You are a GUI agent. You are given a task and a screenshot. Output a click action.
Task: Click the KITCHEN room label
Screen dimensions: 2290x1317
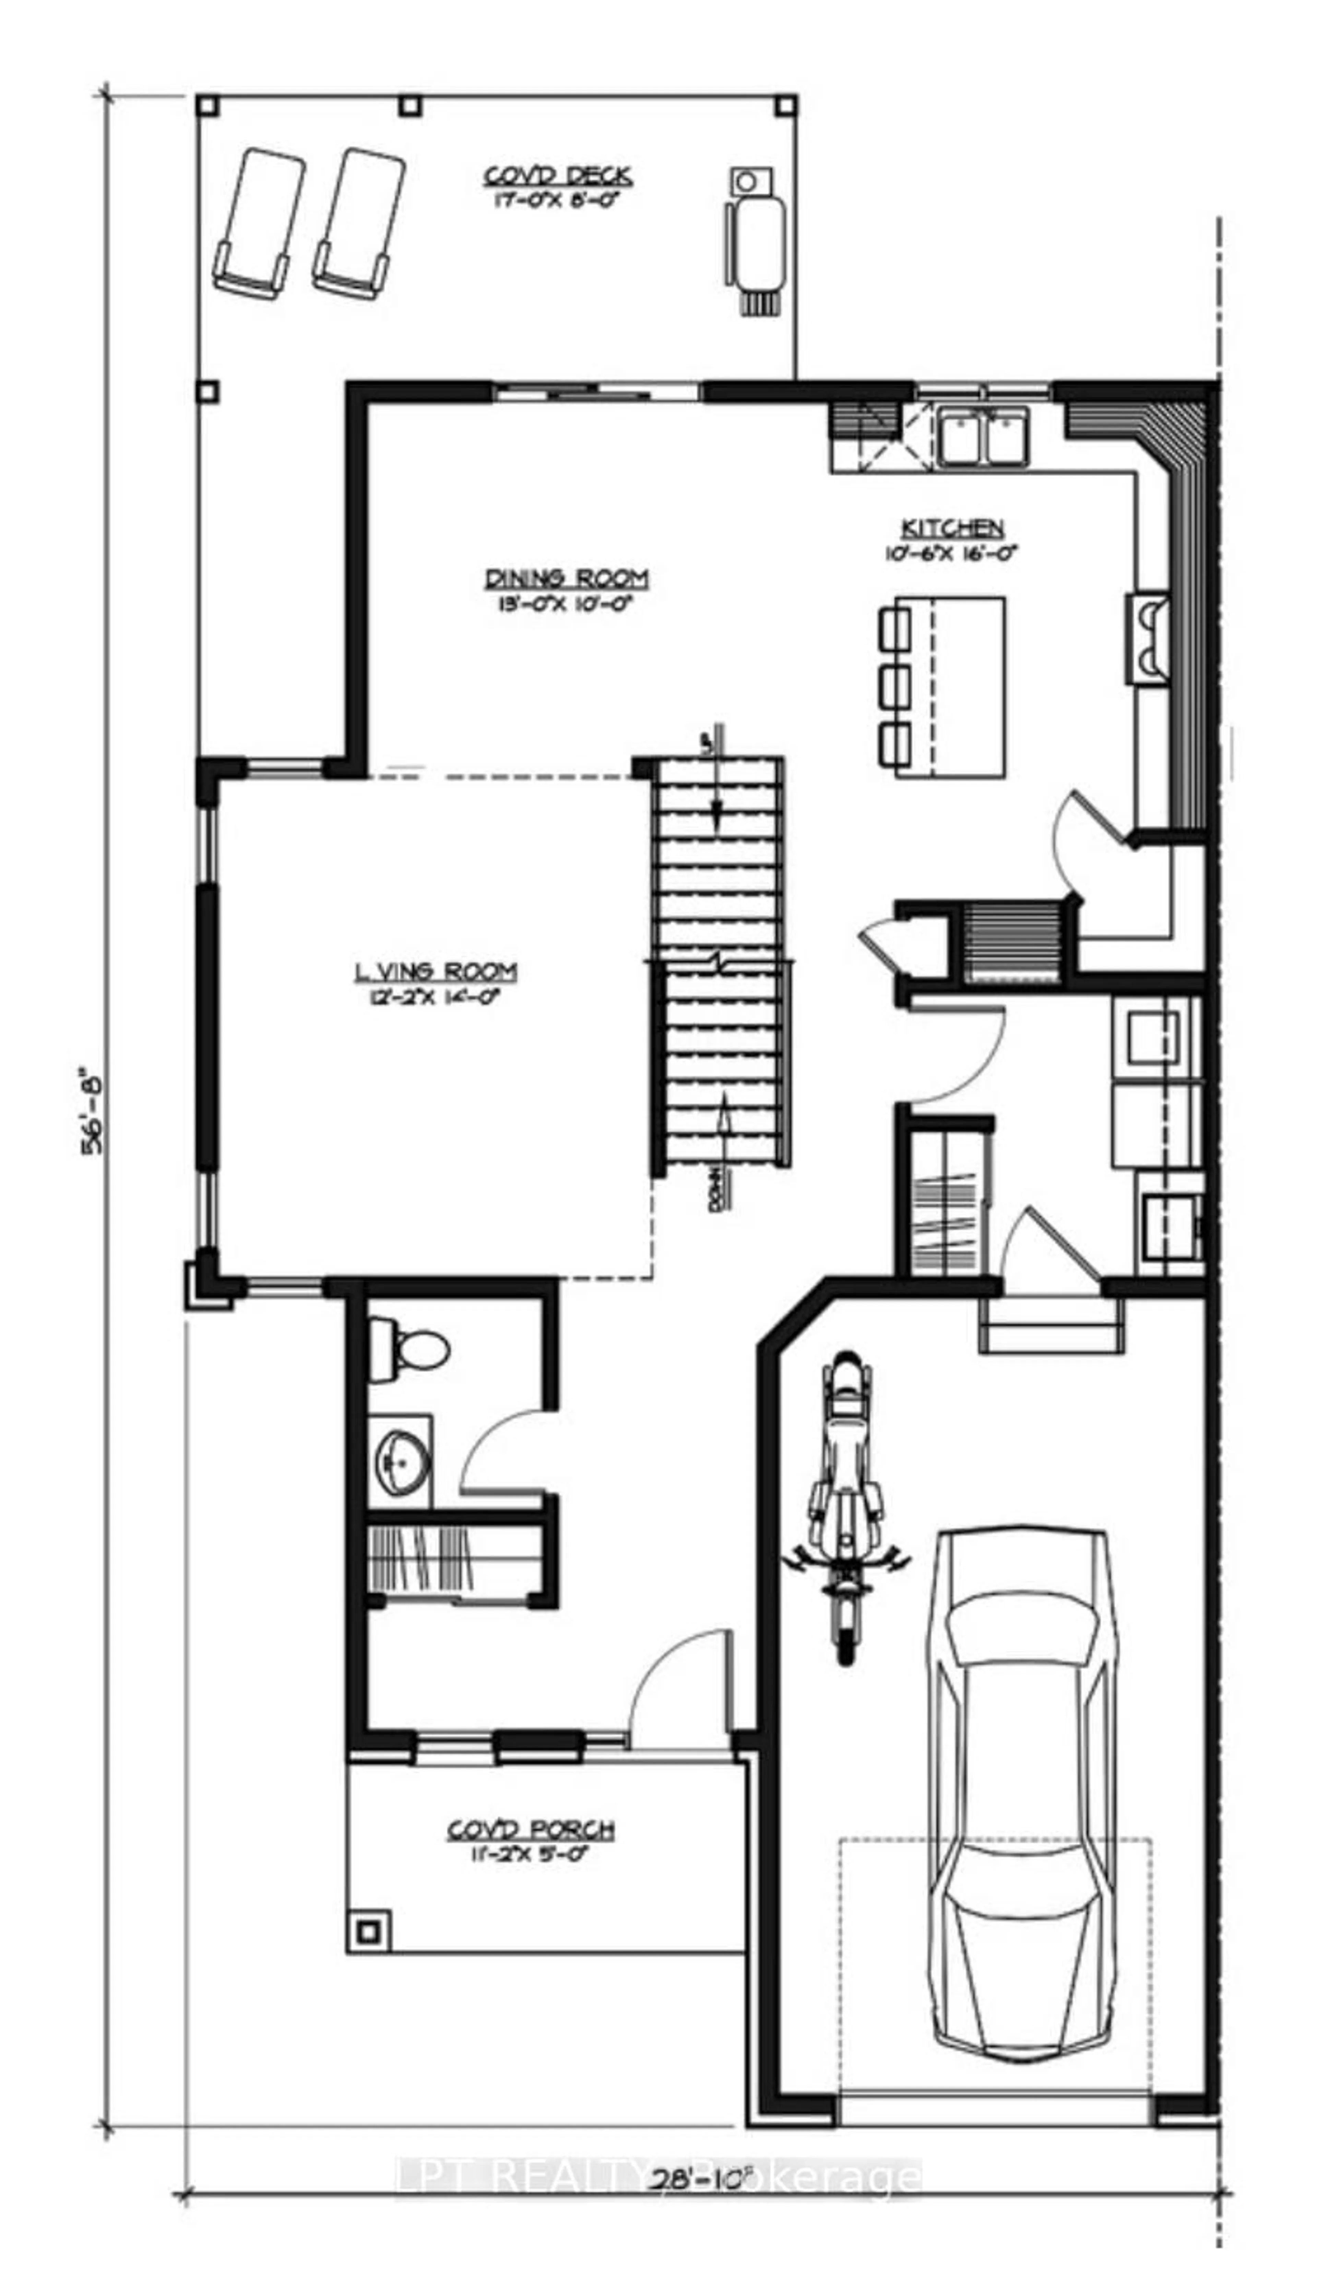(x=952, y=528)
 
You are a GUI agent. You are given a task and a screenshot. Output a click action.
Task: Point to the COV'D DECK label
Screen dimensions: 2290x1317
(x=556, y=176)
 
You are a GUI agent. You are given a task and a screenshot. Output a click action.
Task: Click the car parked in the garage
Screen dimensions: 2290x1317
(x=1018, y=1800)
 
